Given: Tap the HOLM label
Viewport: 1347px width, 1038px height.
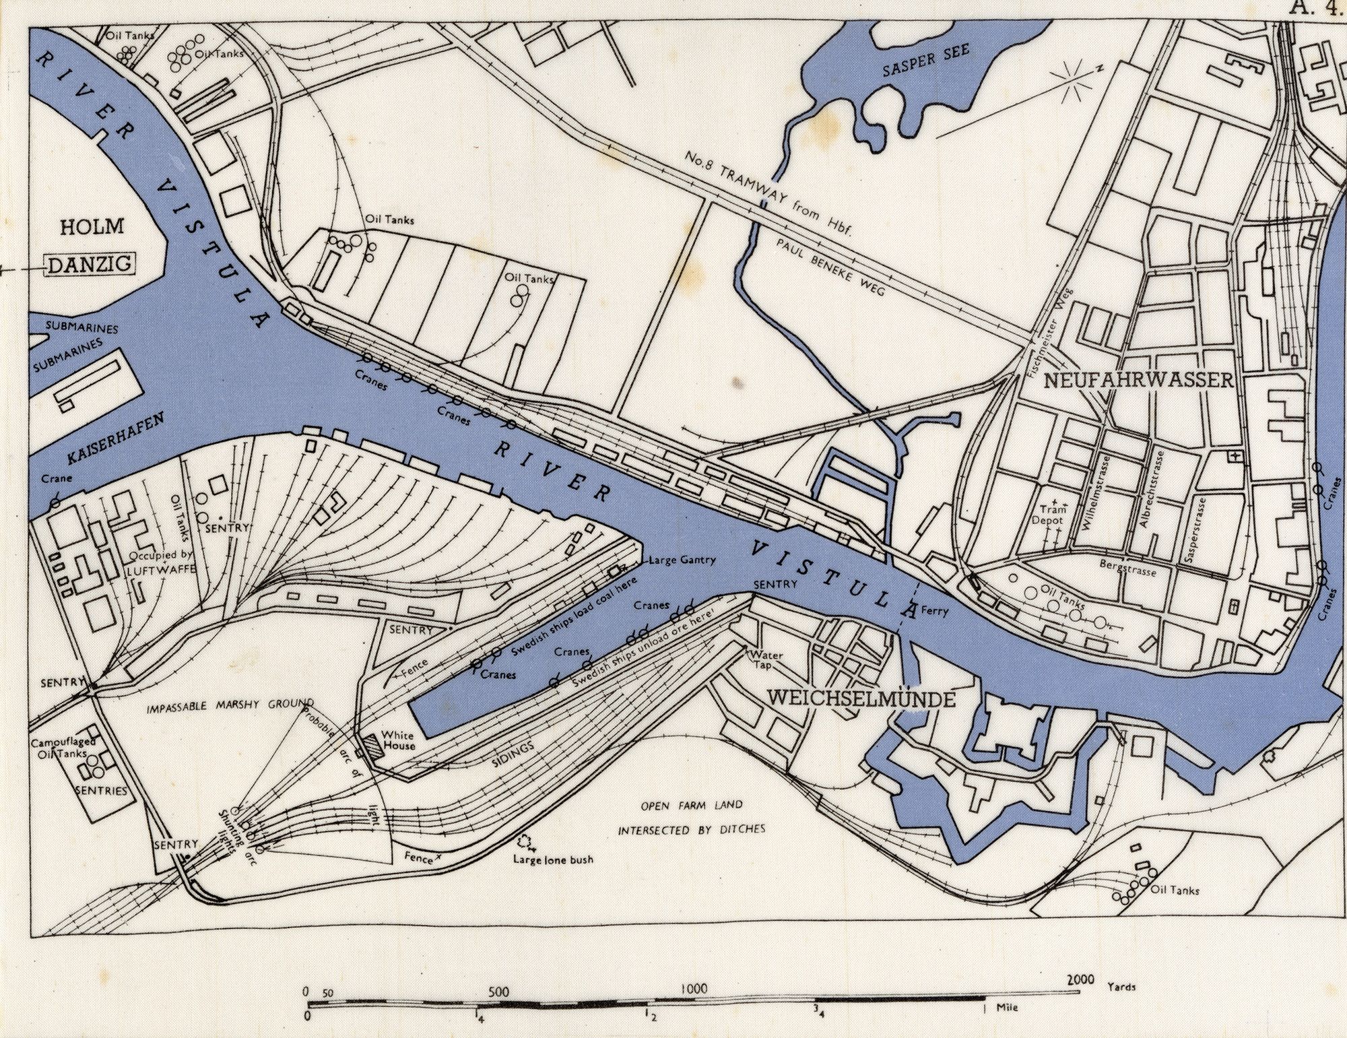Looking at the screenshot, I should click(x=92, y=226).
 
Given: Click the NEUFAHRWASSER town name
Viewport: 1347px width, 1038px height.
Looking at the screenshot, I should click(x=1138, y=381).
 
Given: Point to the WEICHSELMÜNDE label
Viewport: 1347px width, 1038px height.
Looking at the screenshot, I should click(x=861, y=698).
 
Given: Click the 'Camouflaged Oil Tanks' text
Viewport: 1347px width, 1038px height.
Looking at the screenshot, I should click(x=65, y=748).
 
